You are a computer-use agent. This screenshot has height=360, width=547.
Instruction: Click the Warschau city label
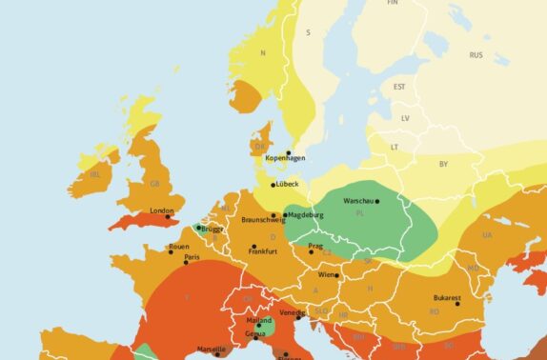[x=359, y=201]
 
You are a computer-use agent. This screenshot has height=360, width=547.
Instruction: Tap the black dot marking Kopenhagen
[x=289, y=152]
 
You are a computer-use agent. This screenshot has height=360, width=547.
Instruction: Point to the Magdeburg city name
[x=305, y=215]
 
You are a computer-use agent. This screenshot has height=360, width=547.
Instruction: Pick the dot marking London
[x=168, y=217]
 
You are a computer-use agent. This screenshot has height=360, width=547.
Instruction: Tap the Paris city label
[x=192, y=257]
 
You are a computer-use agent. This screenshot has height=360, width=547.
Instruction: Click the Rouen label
[x=178, y=247]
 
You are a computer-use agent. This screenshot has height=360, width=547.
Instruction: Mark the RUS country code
[x=476, y=55]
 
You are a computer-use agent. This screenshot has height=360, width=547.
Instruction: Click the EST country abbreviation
[x=399, y=87]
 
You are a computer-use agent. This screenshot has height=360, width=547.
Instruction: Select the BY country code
[x=442, y=164]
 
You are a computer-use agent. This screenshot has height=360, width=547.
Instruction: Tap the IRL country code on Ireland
[x=93, y=175]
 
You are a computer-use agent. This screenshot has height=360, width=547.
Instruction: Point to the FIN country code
[x=392, y=3]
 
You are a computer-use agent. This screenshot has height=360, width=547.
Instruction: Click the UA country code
[x=487, y=234]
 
